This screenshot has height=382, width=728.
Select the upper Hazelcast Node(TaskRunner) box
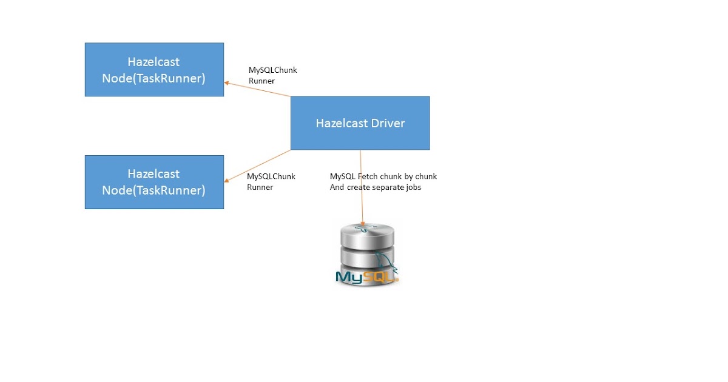[x=154, y=69]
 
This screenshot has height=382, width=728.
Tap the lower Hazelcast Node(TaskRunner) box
[x=154, y=182]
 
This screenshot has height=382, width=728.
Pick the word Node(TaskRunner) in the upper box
[x=153, y=78]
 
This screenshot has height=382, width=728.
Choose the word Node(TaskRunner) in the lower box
[x=153, y=190]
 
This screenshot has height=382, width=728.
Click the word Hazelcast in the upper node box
[x=153, y=62]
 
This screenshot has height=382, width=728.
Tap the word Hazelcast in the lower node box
[x=153, y=174]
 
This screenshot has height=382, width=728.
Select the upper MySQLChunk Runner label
[x=272, y=75]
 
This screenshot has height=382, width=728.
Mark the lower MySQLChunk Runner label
[x=271, y=181]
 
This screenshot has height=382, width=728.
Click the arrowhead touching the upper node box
[x=227, y=83]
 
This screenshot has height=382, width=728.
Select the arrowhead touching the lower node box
[x=227, y=179]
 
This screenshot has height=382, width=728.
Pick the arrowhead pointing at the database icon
[x=362, y=224]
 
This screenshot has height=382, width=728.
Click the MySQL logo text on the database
[x=366, y=278]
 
